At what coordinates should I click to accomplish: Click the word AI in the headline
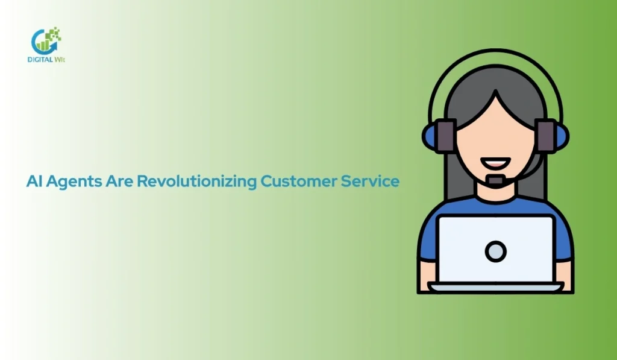[33, 181]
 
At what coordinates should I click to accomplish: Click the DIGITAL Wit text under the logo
[48, 59]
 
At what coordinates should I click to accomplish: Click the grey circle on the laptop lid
[495, 251]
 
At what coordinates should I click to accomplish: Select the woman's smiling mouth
[495, 163]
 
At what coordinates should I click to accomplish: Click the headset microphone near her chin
[496, 180]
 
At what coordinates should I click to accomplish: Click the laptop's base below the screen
[495, 287]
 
